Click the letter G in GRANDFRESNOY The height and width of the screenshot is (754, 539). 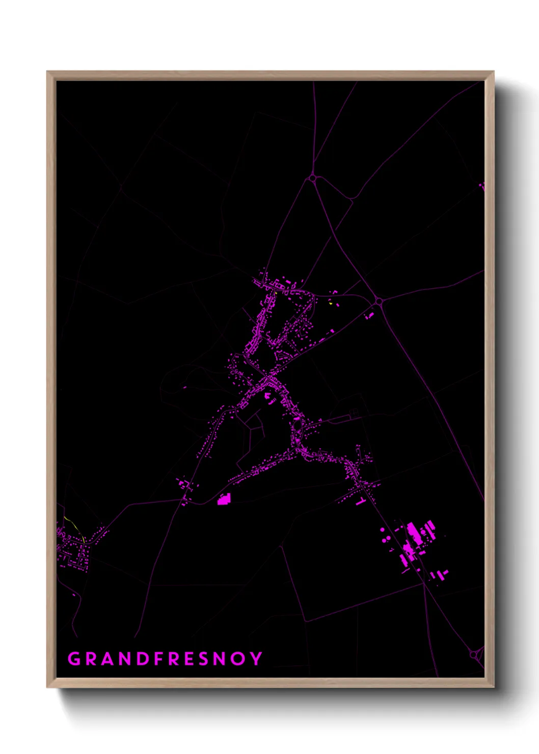pyautogui.click(x=74, y=659)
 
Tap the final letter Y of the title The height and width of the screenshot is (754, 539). pyautogui.click(x=256, y=659)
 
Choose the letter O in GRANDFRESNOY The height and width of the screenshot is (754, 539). pyautogui.click(x=238, y=659)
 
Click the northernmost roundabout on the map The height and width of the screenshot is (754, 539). pyautogui.click(x=312, y=179)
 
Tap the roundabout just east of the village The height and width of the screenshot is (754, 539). pyautogui.click(x=378, y=302)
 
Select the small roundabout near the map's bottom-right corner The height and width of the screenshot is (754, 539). pyautogui.click(x=474, y=654)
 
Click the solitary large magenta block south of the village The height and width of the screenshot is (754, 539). pyautogui.click(x=224, y=499)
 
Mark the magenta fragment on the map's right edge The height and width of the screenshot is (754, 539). pyautogui.click(x=482, y=187)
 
